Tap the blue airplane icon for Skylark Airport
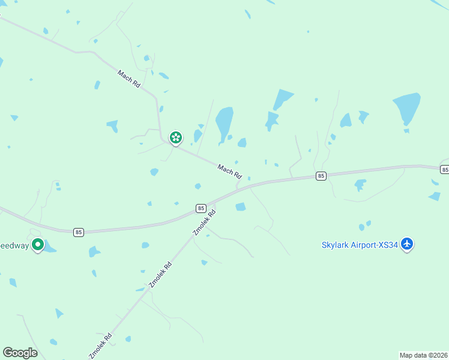pos(408,244)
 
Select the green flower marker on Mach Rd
pos(175,138)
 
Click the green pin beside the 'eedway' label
pos(37,245)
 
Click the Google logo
pos(20,352)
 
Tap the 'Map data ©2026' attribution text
pos(423,355)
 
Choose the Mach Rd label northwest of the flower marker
pos(129,79)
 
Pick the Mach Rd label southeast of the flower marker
pos(229,172)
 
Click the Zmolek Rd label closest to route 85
pos(203,222)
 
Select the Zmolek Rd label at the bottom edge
pos(100,346)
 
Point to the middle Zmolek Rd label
pos(160,275)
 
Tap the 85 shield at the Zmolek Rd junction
pos(201,208)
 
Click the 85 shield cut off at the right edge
pos(445,170)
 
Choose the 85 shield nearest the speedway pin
pos(79,232)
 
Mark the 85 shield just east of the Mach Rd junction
pos(321,176)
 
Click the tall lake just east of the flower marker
pos(224,122)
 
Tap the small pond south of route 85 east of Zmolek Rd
pos(241,207)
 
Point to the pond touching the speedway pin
pos(50,247)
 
